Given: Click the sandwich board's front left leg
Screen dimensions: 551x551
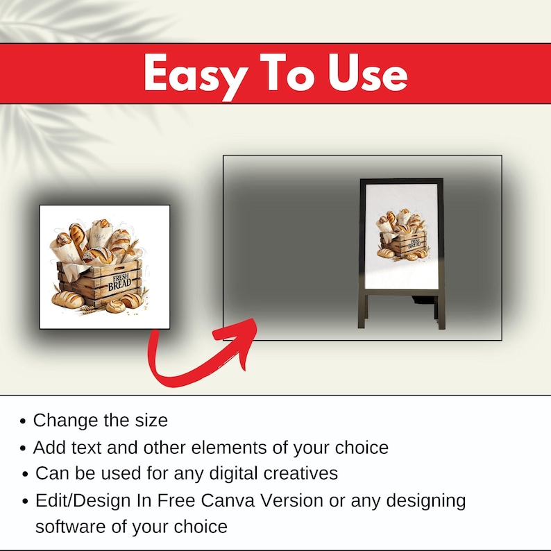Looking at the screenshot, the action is click(362, 311).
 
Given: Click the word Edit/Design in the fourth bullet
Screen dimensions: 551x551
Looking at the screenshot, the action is click(83, 501).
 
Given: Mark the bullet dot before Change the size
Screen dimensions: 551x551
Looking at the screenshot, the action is click(23, 421).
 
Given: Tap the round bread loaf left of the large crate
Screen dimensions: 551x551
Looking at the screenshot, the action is click(67, 299).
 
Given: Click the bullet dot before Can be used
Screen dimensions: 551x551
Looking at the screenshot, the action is click(25, 474).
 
